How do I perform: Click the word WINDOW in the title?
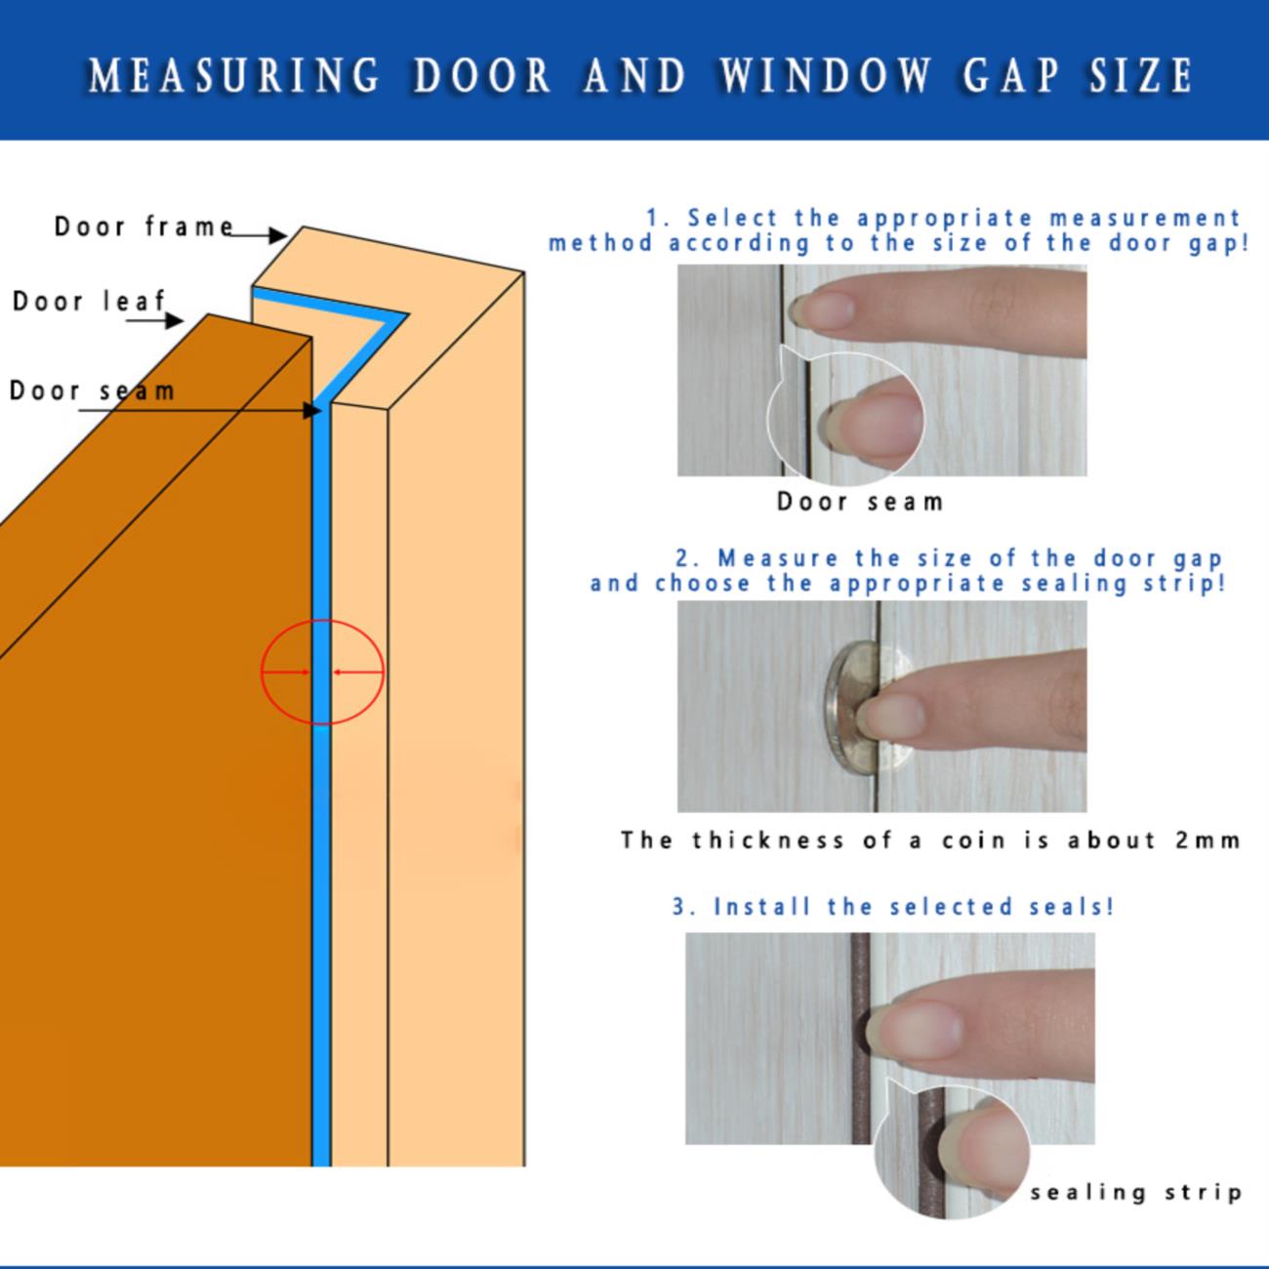tap(826, 75)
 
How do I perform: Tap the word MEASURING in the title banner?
tap(235, 75)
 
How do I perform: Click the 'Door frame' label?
tap(143, 226)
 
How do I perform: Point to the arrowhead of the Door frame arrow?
tap(278, 235)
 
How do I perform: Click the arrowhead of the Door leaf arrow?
tap(175, 321)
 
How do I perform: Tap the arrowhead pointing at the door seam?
tap(312, 411)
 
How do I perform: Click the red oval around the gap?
tap(262, 672)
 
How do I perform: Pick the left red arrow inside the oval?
tap(286, 672)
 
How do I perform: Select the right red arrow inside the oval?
tap(357, 672)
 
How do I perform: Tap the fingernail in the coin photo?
tap(891, 716)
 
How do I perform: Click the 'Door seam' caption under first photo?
tap(860, 503)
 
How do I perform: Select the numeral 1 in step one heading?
tap(653, 218)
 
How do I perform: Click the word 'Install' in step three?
tap(761, 906)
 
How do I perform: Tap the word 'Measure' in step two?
tap(778, 558)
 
